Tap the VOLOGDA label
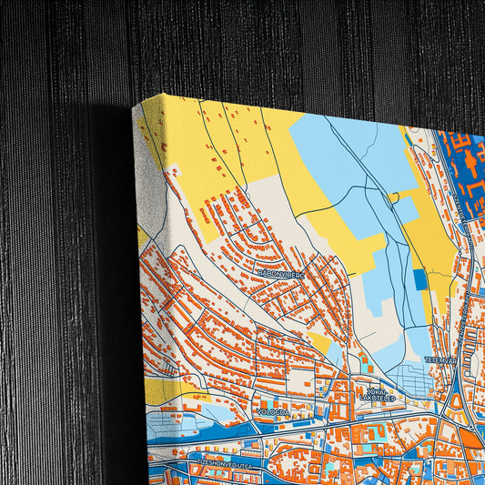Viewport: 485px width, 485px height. coord(272,411)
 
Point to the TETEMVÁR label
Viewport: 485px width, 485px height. coord(440,360)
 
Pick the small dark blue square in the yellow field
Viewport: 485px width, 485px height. coord(419,279)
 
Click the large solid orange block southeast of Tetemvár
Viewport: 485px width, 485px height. coord(469,438)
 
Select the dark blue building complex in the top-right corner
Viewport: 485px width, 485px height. coord(464,168)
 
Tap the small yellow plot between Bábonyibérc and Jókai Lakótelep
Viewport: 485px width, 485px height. coord(320,342)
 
